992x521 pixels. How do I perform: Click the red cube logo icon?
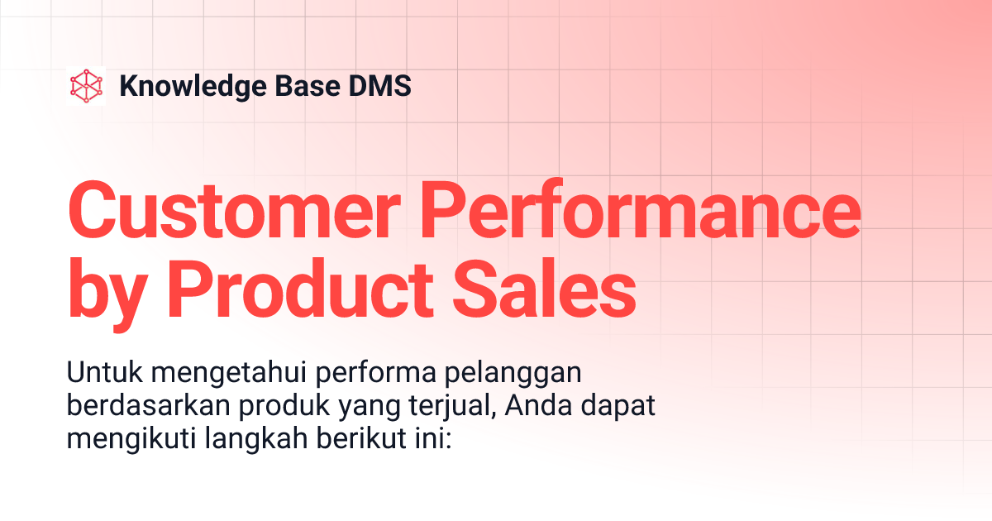[87, 86]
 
